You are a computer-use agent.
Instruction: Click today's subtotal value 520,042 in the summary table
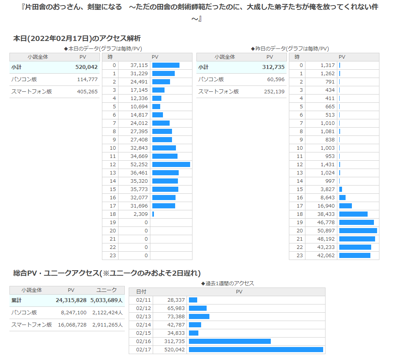[86, 67]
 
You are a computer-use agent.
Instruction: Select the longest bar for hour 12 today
[171, 164]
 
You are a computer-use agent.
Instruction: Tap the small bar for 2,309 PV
[153, 214]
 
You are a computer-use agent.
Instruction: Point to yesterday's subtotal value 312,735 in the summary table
[273, 67]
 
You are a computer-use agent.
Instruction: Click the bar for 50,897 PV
[358, 230]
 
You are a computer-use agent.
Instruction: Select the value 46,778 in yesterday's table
[326, 222]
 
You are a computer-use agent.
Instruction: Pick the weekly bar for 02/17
[256, 349]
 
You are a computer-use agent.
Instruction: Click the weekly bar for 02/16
[230, 341]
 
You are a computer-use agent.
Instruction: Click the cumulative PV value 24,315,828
[71, 300]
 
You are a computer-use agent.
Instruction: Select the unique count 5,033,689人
[107, 300]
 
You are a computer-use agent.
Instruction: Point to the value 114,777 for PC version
[87, 80]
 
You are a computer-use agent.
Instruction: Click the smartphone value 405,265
[87, 92]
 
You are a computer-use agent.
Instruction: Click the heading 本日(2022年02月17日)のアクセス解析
[77, 39]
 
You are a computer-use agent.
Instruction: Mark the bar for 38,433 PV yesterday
[353, 214]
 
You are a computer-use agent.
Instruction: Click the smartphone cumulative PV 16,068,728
[72, 325]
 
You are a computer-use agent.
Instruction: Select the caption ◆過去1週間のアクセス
[227, 283]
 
